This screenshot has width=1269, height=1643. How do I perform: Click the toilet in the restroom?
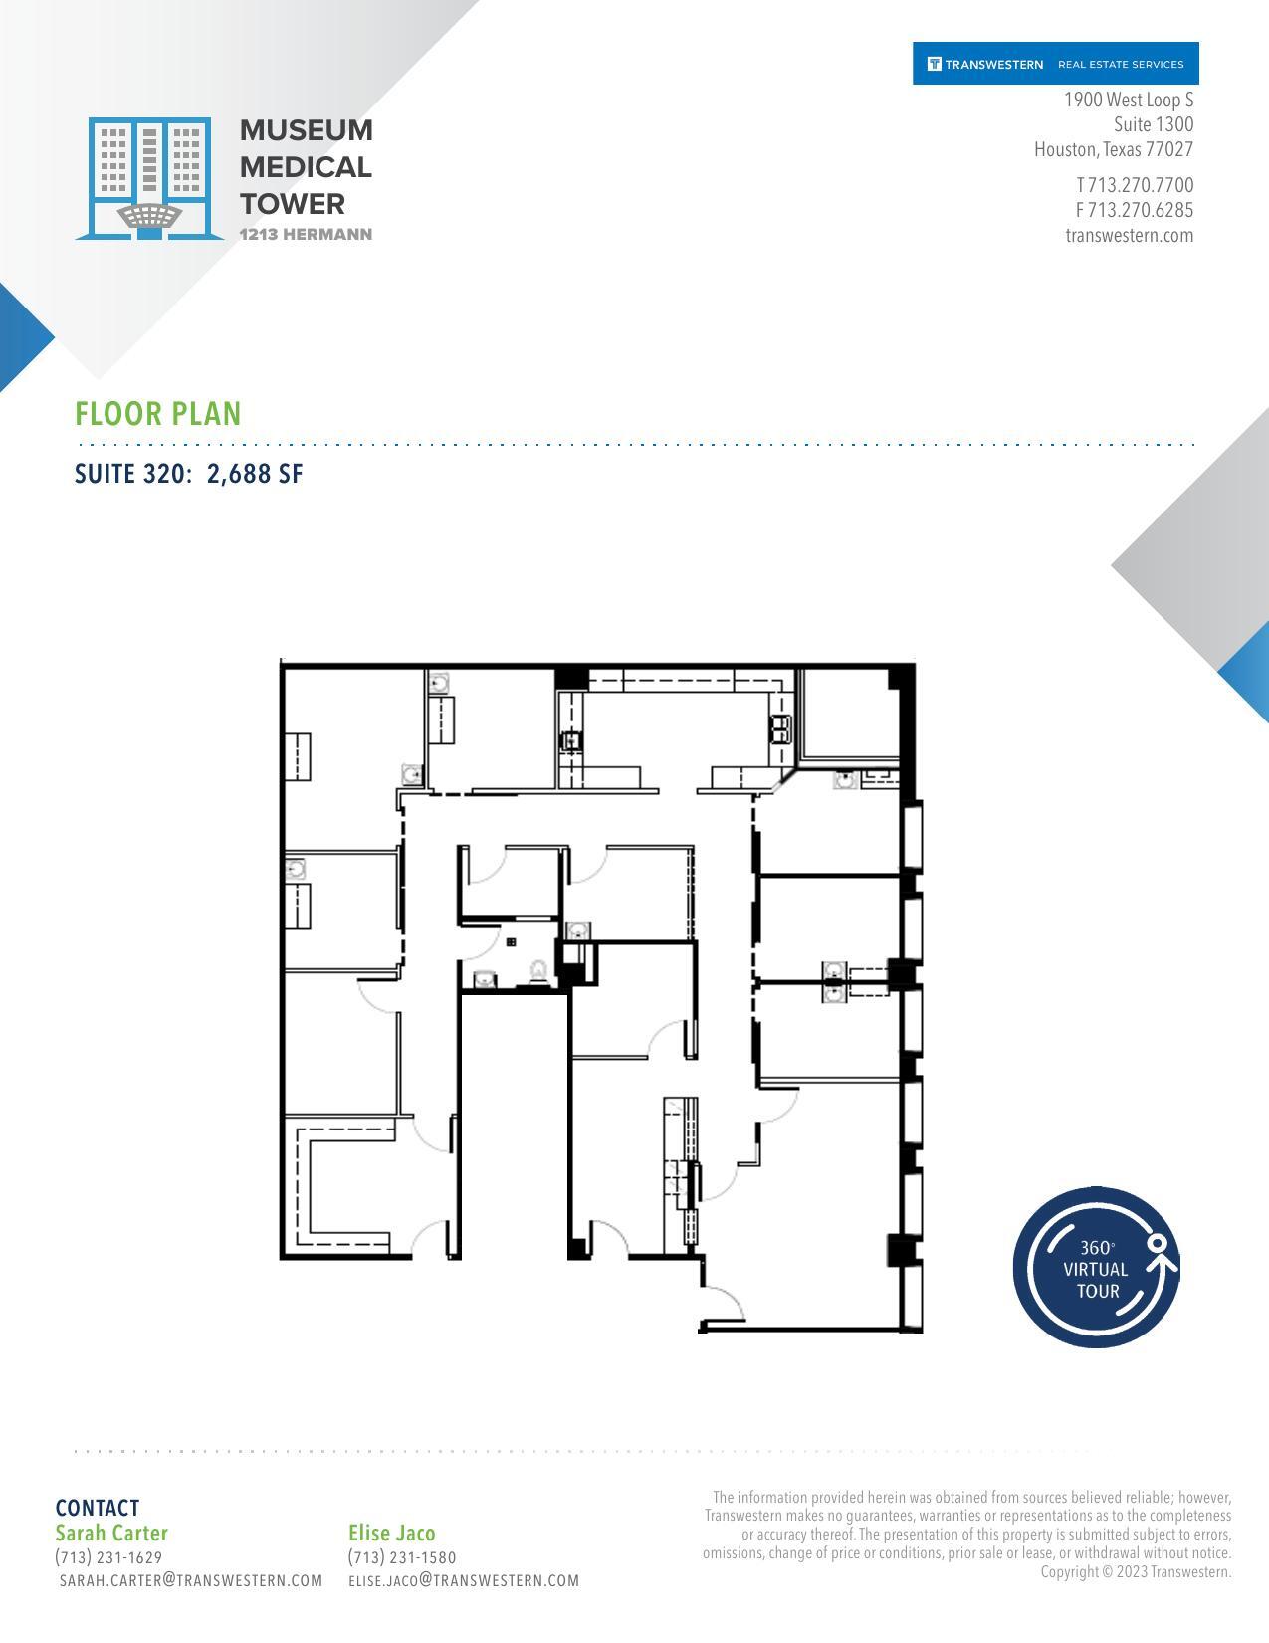click(538, 971)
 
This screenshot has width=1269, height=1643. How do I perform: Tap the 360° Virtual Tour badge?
click(1097, 1268)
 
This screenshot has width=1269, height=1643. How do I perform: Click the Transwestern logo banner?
click(1055, 64)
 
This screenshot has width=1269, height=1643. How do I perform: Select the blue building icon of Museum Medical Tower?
click(149, 178)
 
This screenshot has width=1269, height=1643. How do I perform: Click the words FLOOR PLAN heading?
click(158, 414)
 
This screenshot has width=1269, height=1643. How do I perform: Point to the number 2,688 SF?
click(255, 474)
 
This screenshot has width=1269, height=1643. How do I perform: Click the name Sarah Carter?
click(111, 1533)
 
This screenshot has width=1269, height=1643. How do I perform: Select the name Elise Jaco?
click(391, 1533)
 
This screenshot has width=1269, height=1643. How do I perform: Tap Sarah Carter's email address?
click(191, 1580)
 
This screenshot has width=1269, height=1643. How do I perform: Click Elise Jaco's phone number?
click(402, 1557)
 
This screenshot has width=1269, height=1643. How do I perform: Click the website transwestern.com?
click(1129, 236)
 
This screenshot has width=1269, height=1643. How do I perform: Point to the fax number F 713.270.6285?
click(1134, 210)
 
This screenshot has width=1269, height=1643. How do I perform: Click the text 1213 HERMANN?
click(306, 235)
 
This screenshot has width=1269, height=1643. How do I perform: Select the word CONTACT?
click(98, 1508)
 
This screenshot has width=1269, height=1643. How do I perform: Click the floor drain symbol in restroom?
click(511, 941)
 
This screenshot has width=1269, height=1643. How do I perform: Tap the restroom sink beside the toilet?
click(485, 980)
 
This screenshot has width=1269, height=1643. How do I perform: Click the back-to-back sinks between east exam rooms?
click(834, 980)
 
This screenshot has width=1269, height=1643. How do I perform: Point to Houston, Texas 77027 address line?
click(1113, 150)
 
